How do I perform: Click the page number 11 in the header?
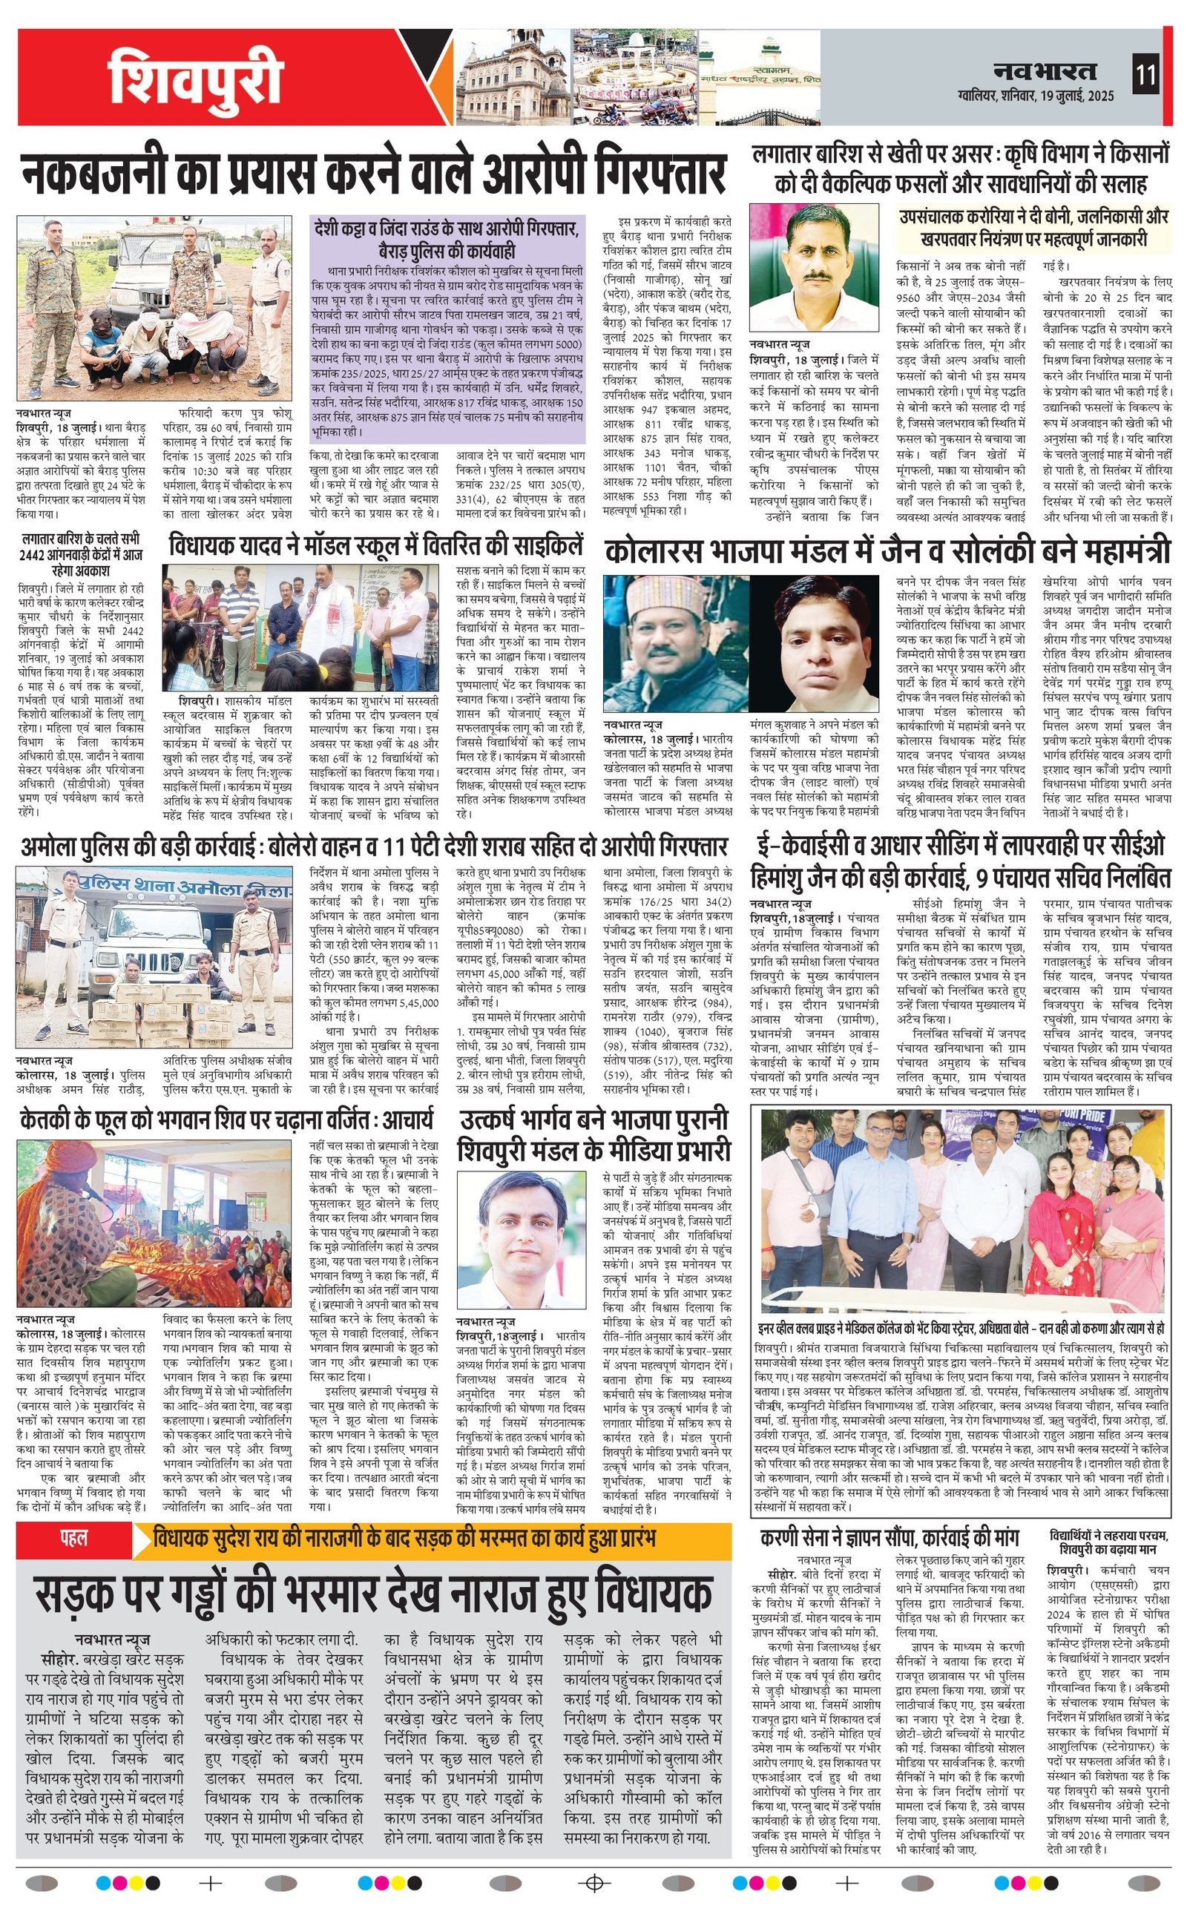coord(1145,76)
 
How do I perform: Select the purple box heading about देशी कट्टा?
coord(447,240)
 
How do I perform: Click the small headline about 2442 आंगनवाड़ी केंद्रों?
coord(82,555)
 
